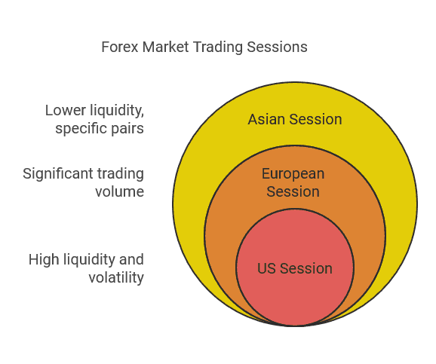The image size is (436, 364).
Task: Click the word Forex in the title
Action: pos(120,47)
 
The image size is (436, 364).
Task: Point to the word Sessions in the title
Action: pos(277,47)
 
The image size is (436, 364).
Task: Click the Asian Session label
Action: pos(295,120)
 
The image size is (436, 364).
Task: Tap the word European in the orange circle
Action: pos(293,174)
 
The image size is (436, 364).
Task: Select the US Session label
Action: pos(295,269)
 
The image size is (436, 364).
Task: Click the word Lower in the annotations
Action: pos(66,110)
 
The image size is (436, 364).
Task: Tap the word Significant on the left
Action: pos(58,174)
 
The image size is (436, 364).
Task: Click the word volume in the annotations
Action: pos(120,191)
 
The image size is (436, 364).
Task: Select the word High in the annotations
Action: pos(44,260)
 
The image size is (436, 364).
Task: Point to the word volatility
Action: pos(116,277)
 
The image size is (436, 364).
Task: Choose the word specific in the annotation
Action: pos(81,128)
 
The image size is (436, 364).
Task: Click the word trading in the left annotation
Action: pos(120,174)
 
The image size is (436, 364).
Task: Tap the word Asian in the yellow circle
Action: pos(267,120)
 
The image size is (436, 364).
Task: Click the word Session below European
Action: pos(293,191)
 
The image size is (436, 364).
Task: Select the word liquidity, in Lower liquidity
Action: pos(117,111)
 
